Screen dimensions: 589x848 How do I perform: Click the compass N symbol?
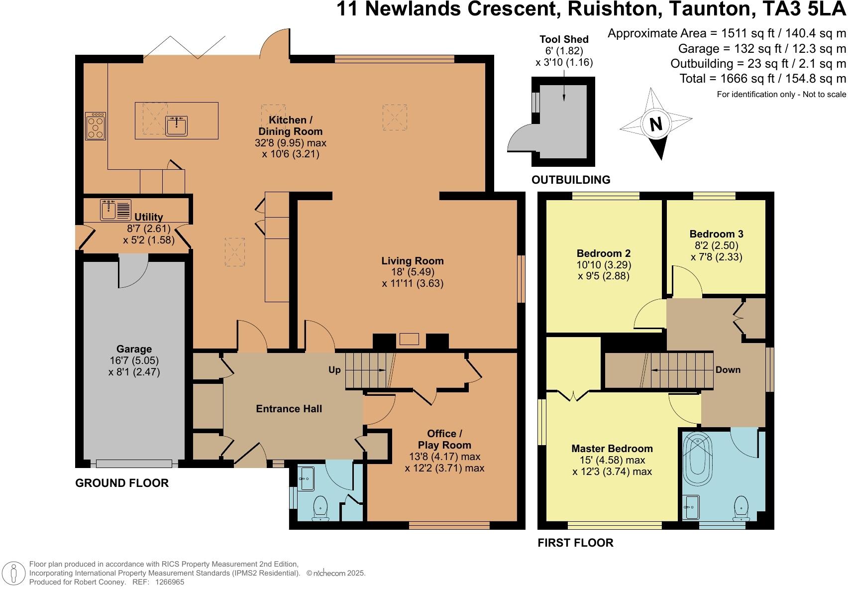(656, 124)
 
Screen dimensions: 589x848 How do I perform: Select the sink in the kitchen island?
(176, 126)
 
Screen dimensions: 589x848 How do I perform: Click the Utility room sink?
(108, 209)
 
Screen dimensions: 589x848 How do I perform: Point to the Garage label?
(134, 349)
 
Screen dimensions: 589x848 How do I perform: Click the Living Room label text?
(412, 260)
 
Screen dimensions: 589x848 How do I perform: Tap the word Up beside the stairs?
(334, 370)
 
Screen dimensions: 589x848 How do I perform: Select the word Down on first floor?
(728, 370)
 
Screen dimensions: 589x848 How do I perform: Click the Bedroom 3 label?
(716, 234)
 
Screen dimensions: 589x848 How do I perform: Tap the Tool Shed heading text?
(564, 39)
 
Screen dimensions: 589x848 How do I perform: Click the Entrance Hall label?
(289, 409)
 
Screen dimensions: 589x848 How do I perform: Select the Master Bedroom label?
(612, 448)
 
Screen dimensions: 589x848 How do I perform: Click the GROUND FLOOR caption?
(122, 483)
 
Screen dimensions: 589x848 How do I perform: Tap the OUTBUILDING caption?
(571, 180)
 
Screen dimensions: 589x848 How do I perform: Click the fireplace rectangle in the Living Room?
(409, 340)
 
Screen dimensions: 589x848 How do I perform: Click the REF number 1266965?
(170, 582)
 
